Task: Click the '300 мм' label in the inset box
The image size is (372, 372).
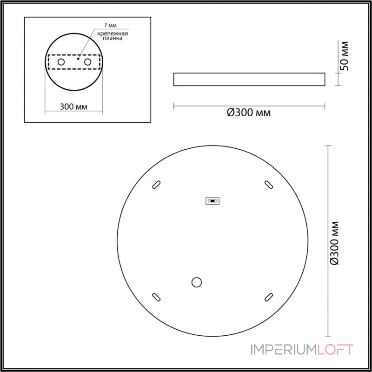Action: click(74, 106)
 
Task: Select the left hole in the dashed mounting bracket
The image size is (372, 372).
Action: click(61, 61)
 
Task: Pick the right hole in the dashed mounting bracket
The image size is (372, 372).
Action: click(87, 61)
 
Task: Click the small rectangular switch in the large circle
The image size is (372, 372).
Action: click(213, 201)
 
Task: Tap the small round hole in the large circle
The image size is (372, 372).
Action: click(197, 281)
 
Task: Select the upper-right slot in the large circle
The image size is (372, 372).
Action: click(268, 184)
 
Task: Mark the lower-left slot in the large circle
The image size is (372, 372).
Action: click(156, 296)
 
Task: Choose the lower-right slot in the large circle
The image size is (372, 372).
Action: click(268, 296)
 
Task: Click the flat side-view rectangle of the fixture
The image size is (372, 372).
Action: click(249, 79)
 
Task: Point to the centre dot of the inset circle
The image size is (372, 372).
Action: click(79, 60)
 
